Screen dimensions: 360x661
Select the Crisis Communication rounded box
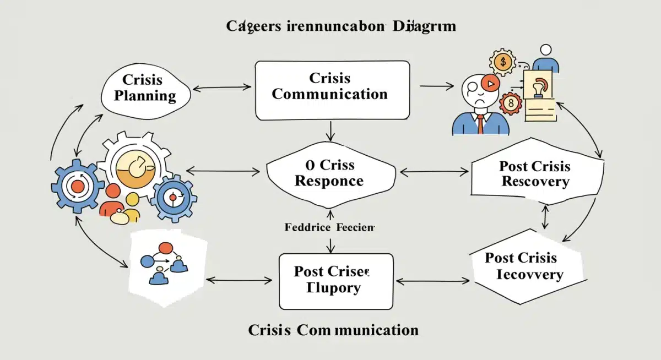[332, 90]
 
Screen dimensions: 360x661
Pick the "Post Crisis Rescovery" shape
[535, 174]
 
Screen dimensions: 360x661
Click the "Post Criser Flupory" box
[336, 281]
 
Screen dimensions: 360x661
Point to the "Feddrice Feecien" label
[329, 227]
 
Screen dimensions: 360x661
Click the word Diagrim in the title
[424, 26]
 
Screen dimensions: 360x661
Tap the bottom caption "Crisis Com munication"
[333, 330]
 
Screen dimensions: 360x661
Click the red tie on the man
[481, 125]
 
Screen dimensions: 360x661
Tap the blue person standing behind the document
[545, 59]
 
